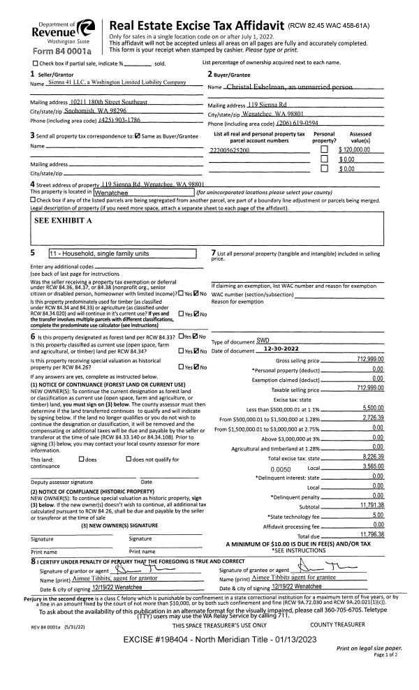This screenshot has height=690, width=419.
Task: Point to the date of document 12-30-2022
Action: coord(263,349)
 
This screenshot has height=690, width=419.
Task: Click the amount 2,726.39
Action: coord(374,417)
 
